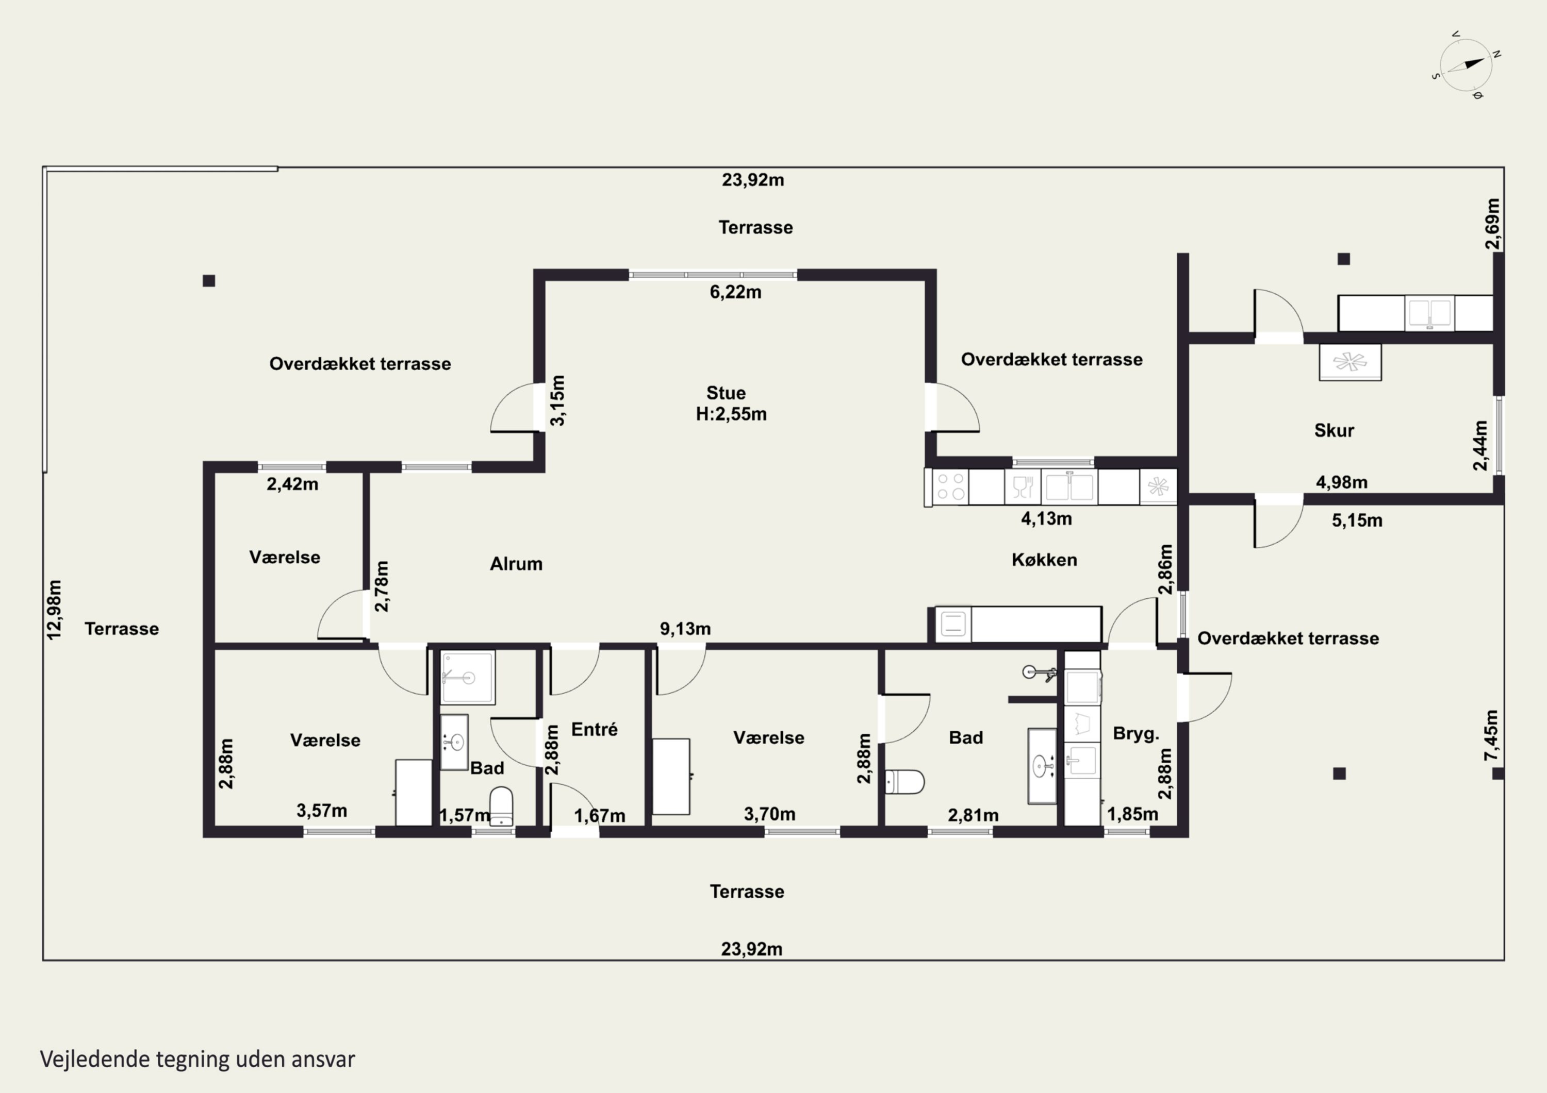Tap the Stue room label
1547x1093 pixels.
point(726,393)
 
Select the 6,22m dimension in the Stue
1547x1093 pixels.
point(735,292)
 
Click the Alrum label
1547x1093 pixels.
point(516,564)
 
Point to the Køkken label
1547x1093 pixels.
point(1044,560)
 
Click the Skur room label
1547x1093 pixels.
point(1334,430)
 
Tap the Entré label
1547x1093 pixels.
point(594,729)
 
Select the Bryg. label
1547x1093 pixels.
point(1136,733)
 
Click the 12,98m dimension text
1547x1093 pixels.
point(54,610)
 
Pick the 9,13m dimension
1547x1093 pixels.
point(685,629)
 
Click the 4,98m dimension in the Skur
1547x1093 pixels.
point(1341,482)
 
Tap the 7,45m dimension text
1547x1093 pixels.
point(1491,735)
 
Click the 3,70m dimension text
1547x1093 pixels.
point(769,814)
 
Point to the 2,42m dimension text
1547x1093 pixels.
point(292,484)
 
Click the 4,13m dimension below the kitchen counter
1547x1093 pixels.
point(1046,518)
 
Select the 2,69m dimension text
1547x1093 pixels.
point(1492,224)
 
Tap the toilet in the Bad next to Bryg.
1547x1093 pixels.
point(904,782)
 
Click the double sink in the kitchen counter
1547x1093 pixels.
point(1069,486)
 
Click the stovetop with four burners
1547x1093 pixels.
point(950,486)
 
